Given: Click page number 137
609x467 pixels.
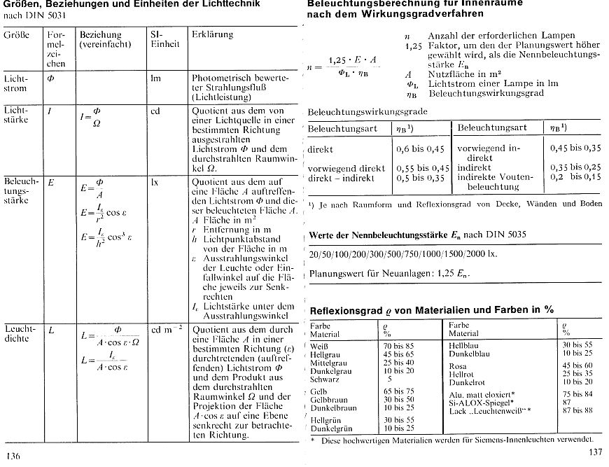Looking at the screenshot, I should tap(595, 452).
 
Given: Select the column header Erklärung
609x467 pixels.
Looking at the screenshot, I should tap(212, 34).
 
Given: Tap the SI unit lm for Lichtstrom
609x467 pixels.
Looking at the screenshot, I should tap(155, 79).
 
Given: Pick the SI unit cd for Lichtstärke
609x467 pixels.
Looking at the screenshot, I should tap(155, 111).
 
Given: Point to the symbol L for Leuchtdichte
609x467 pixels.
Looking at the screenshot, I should tap(50, 330).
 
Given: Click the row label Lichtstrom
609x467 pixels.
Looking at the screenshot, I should tap(15, 84).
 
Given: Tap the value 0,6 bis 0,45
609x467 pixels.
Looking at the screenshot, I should tap(420, 149).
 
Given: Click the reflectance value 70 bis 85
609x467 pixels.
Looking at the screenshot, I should tap(398, 346).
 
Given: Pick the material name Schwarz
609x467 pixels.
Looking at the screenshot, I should tap(325, 379).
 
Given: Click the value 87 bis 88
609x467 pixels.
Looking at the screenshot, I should tap(577, 409).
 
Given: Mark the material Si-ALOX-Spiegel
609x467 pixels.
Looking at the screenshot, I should tap(479, 402).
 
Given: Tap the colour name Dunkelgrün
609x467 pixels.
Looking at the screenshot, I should tap(332, 426).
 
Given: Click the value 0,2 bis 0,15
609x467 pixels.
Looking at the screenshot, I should tap(575, 177).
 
